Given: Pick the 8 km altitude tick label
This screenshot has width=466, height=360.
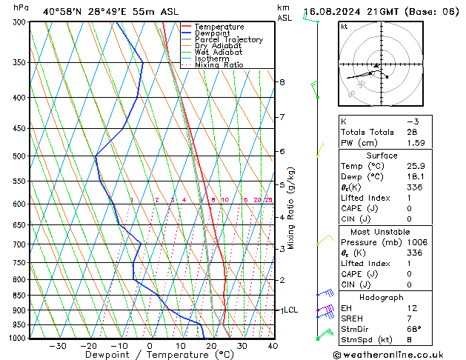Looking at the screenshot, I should tap(282, 82).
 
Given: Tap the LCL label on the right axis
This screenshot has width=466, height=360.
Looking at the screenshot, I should tap(290, 310).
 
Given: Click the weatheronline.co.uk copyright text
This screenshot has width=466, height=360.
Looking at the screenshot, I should tap(400, 355).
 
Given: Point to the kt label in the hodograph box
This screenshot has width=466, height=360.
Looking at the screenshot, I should tap(344, 27).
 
